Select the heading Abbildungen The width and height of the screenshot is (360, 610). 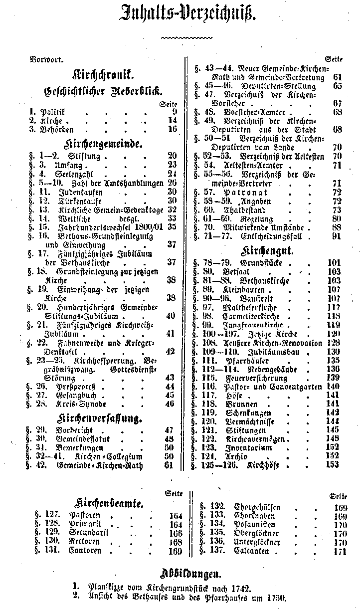click(x=193, y=572)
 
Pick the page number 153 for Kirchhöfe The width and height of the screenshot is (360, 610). click(x=333, y=465)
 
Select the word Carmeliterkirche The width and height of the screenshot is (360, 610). click(x=259, y=317)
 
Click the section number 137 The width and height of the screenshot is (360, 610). click(x=218, y=551)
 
